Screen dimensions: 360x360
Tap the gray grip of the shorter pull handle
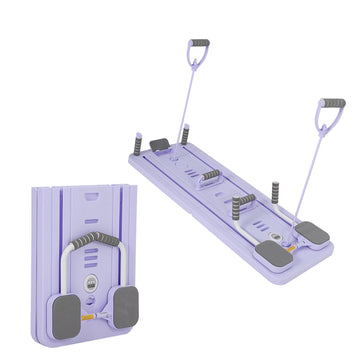pyautogui.click(x=333, y=103)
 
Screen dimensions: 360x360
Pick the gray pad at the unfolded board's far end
pyautogui.click(x=159, y=146)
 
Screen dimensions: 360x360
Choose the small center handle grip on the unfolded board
pyautogui.click(x=209, y=177)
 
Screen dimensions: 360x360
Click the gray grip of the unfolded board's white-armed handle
pyautogui.click(x=240, y=207)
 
